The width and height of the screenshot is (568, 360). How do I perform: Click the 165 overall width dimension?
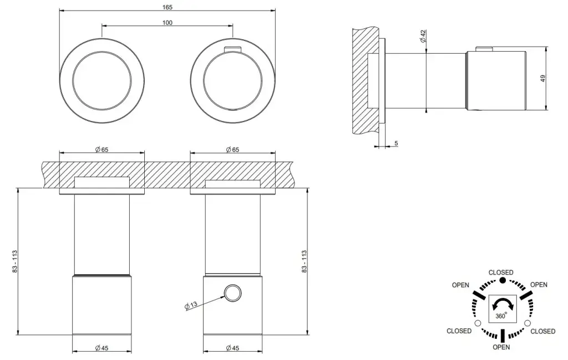(168, 7)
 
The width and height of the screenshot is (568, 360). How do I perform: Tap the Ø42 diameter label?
(422, 37)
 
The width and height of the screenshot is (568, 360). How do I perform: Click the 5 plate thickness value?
(396, 144)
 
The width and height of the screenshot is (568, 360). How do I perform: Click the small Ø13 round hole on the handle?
(232, 292)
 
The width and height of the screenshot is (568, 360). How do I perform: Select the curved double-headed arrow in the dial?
(501, 304)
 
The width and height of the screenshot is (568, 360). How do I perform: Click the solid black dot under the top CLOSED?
(502, 281)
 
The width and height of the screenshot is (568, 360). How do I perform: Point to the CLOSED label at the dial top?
(500, 272)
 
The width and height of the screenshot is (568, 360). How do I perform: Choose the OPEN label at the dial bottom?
(501, 348)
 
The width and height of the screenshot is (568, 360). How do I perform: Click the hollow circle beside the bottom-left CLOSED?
(476, 323)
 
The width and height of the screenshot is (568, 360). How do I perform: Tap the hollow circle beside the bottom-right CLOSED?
(527, 323)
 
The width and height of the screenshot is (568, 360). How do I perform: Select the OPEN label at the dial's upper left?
(460, 285)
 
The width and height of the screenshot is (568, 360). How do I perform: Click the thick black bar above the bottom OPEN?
(502, 336)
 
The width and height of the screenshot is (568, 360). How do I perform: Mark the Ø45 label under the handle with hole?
(234, 348)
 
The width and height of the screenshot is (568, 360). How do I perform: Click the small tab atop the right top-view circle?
(232, 50)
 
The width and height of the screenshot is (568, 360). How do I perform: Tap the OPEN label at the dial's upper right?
(539, 285)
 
